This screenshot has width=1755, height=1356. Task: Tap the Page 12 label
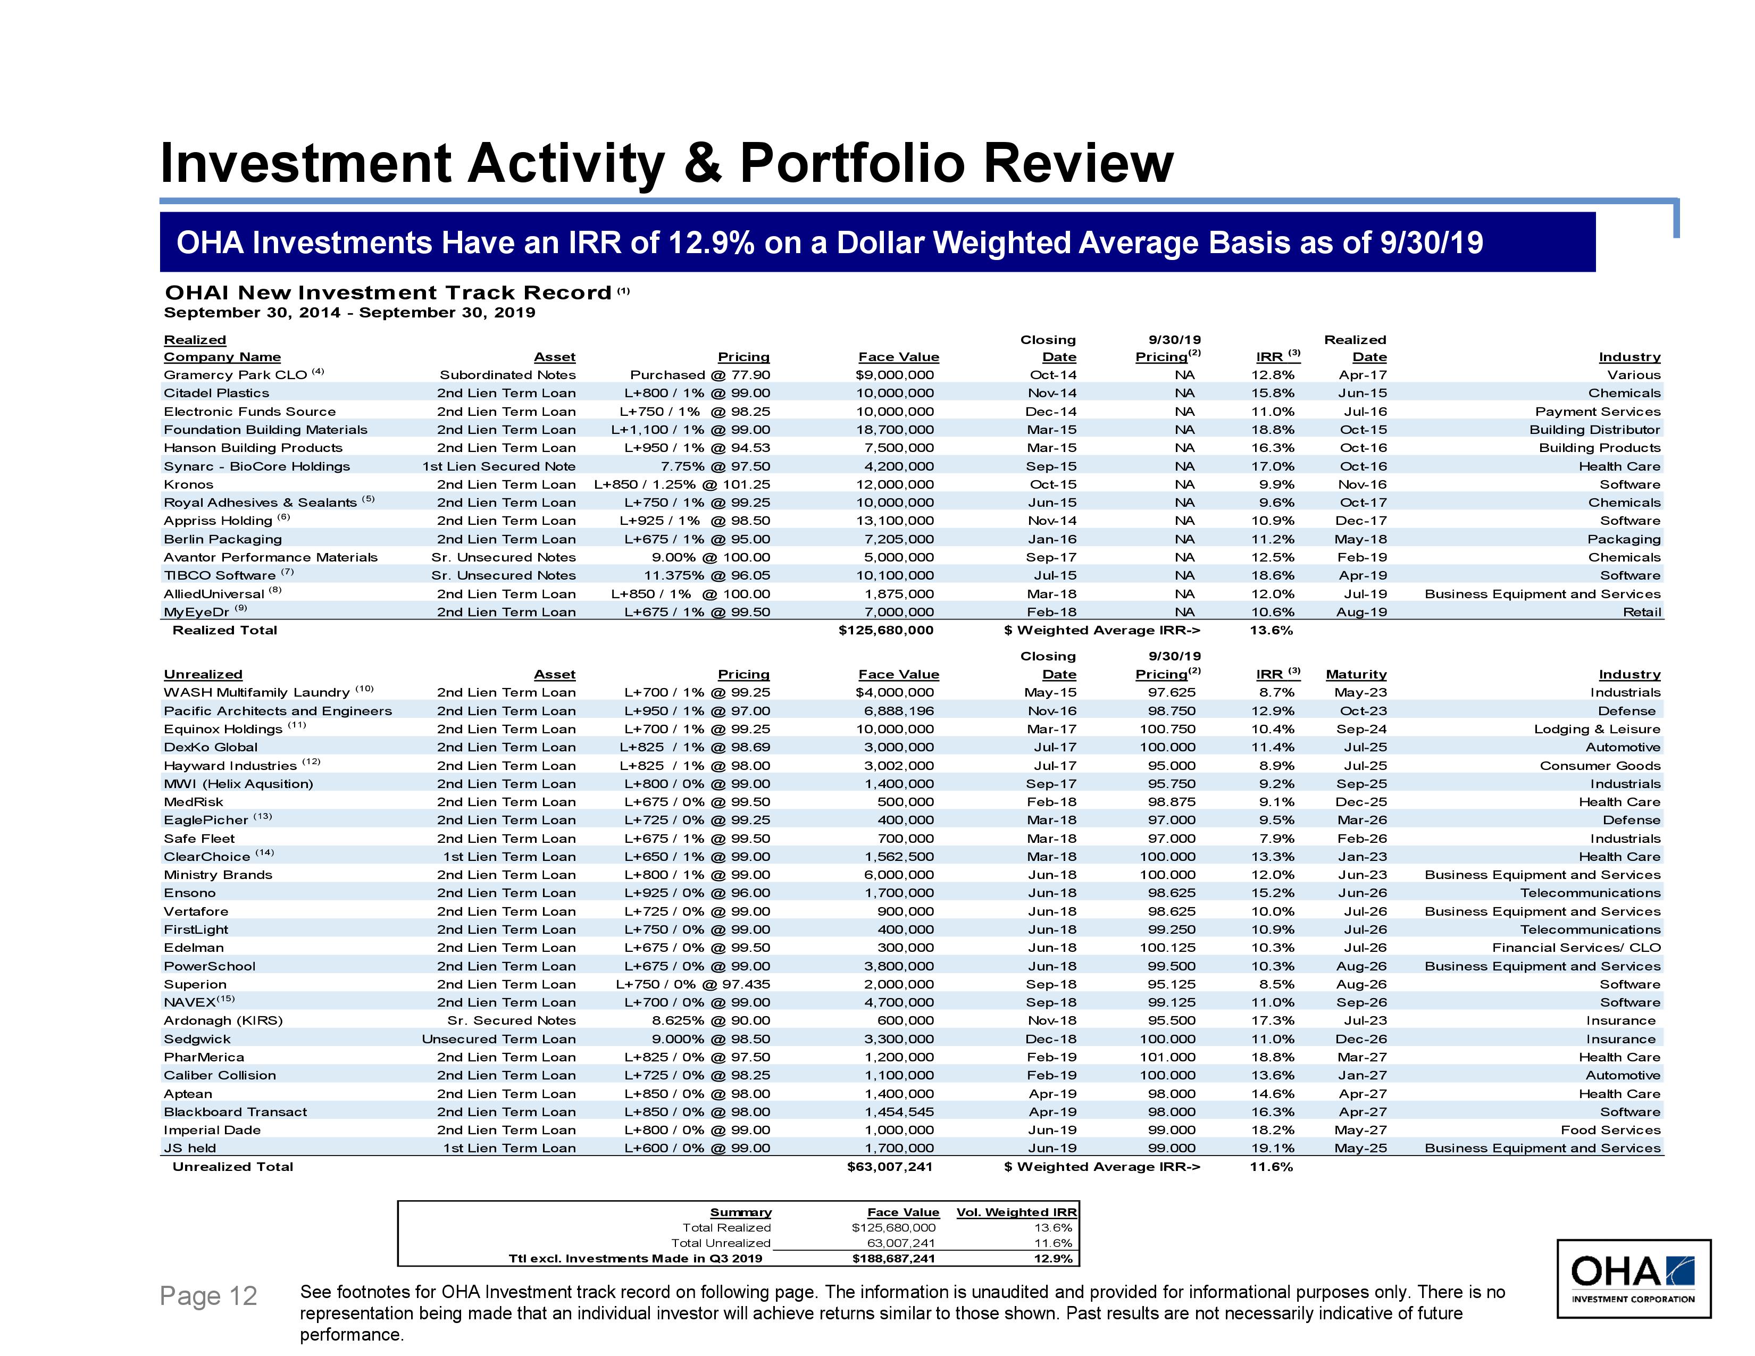coord(208,1296)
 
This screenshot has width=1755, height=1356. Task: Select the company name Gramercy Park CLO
coord(236,375)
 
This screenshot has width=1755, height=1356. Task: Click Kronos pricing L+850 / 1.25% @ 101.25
coord(681,484)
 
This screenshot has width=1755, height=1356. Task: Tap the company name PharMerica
coord(204,1057)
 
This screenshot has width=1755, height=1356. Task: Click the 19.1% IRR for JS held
coord(1272,1148)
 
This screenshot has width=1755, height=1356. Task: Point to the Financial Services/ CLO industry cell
coord(1576,948)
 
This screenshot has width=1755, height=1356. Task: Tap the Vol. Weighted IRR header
coord(1016,1212)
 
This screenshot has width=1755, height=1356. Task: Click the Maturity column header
coord(1356,675)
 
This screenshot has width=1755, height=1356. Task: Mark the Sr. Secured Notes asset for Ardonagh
coord(511,1021)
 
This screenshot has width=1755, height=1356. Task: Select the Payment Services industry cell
coord(1598,411)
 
